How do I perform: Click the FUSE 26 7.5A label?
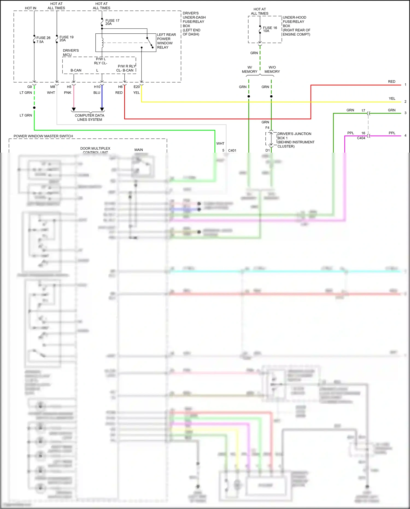click(x=43, y=40)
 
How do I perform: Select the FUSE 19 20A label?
click(x=66, y=39)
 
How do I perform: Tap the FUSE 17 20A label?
click(x=112, y=22)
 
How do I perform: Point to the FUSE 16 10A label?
click(x=270, y=29)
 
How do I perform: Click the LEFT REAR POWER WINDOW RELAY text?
click(x=166, y=41)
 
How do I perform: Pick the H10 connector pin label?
click(x=97, y=87)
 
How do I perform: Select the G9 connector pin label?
click(x=30, y=87)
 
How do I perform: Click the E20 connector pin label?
click(x=136, y=87)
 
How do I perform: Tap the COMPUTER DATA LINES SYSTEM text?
click(x=89, y=117)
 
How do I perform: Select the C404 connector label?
click(x=361, y=138)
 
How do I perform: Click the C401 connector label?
click(x=232, y=150)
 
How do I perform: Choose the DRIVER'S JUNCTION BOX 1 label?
click(x=295, y=140)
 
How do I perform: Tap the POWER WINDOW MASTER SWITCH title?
click(x=43, y=136)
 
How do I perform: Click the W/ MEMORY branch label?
click(x=249, y=69)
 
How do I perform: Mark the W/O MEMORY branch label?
click(x=272, y=69)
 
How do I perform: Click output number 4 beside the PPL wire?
click(x=405, y=135)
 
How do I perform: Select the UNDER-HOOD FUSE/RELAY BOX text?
click(x=296, y=26)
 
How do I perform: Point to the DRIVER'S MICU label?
click(x=71, y=53)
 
